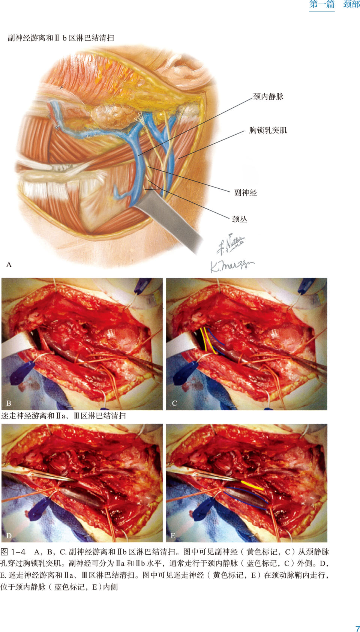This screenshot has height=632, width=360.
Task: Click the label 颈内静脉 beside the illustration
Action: click(268, 97)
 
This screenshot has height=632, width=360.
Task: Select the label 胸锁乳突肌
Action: click(268, 131)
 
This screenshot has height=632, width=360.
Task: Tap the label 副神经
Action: click(245, 193)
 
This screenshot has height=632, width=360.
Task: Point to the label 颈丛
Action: click(240, 219)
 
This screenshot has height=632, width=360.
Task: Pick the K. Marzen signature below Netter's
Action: click(231, 265)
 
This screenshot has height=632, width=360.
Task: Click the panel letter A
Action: click(9, 265)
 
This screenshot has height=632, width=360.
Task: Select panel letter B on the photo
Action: click(9, 403)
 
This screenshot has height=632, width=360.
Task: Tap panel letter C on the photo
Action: click(174, 403)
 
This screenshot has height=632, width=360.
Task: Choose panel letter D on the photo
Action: click(9, 536)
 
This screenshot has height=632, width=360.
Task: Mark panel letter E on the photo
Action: click(173, 536)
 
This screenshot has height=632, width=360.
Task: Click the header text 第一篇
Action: click(322, 5)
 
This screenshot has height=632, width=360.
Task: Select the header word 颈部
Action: click(351, 5)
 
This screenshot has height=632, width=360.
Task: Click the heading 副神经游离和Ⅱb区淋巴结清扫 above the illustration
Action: click(61, 38)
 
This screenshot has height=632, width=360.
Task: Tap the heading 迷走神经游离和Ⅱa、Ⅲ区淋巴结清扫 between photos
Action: click(64, 416)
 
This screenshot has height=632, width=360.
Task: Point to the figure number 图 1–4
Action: click(13, 552)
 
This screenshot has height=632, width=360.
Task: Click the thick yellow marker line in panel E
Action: click(252, 485)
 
